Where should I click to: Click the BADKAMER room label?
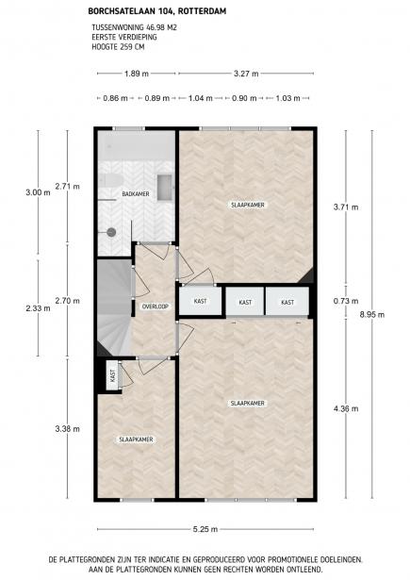click(136, 194)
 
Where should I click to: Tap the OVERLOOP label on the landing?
click(155, 307)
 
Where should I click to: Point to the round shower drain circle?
click(111, 230)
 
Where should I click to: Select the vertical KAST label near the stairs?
click(112, 374)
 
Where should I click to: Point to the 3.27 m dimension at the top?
click(247, 74)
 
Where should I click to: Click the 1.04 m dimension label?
click(201, 98)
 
